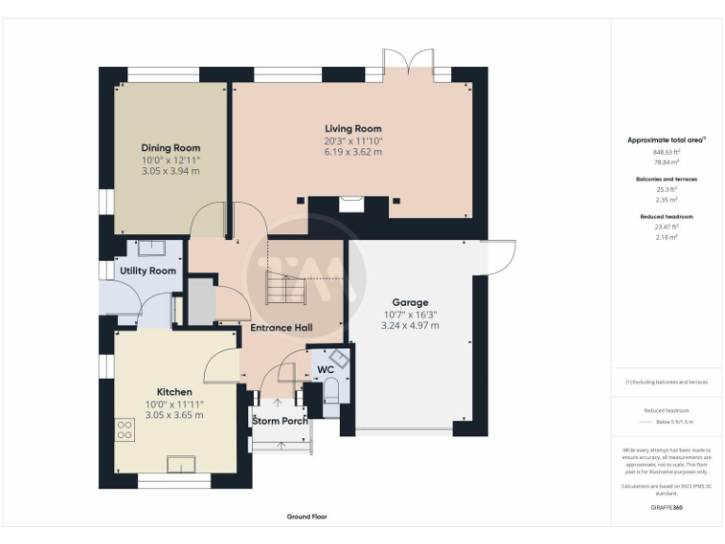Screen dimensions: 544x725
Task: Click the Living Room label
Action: pyautogui.click(x=353, y=128)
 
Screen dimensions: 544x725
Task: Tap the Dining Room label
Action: pyautogui.click(x=171, y=148)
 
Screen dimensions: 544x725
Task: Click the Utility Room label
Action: pyautogui.click(x=148, y=271)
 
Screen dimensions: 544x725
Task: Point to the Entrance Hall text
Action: pyautogui.click(x=281, y=328)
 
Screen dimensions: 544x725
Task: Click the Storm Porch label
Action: pyautogui.click(x=280, y=420)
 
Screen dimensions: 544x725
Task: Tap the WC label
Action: pyautogui.click(x=325, y=369)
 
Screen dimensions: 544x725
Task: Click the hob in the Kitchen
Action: pyautogui.click(x=125, y=430)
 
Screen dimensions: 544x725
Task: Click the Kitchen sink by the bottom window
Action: pyautogui.click(x=181, y=463)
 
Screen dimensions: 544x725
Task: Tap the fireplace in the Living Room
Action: pyautogui.click(x=349, y=200)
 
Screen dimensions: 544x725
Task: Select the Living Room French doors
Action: pyautogui.click(x=409, y=64)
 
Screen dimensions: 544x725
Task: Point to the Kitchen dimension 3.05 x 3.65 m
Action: pyautogui.click(x=175, y=415)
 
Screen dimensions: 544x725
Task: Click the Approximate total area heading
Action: pyautogui.click(x=666, y=140)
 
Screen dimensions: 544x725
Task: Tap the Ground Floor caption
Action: pyautogui.click(x=308, y=517)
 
